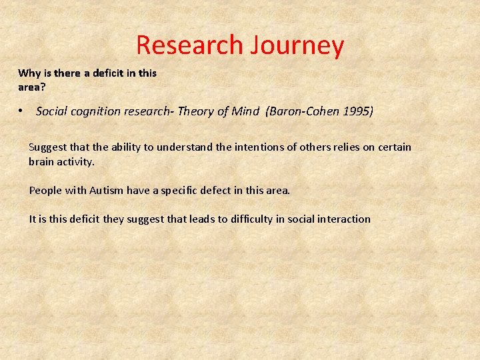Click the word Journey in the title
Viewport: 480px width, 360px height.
coord(297,45)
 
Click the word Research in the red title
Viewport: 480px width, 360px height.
coord(189,45)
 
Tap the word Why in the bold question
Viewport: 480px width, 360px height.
coord(29,73)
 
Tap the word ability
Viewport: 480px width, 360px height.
coord(110,147)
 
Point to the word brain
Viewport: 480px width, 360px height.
coord(41,162)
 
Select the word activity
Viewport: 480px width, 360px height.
coord(76,162)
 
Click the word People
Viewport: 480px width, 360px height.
coord(45,191)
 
